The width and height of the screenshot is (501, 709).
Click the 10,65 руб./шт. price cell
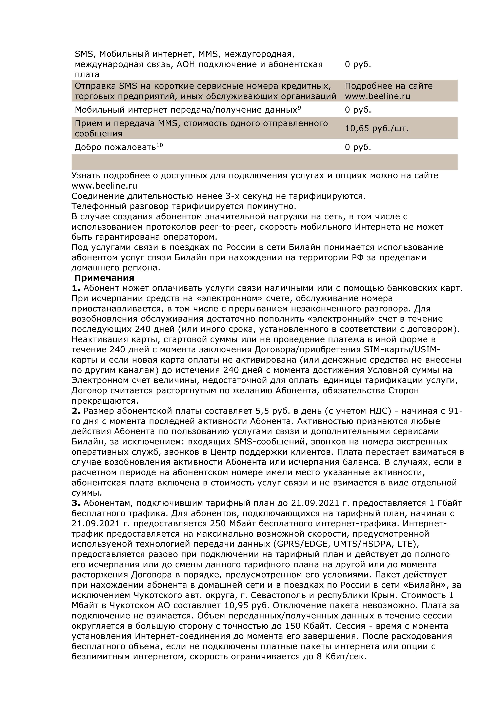coord(377,129)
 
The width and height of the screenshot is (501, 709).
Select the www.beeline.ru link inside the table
coord(378,96)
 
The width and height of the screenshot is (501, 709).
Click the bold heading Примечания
coord(104,278)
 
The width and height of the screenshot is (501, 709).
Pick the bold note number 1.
coord(76,288)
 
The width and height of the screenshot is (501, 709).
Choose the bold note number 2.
coord(76,411)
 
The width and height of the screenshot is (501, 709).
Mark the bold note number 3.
coord(76,503)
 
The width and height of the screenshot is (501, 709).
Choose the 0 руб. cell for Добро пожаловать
coord(358,147)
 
